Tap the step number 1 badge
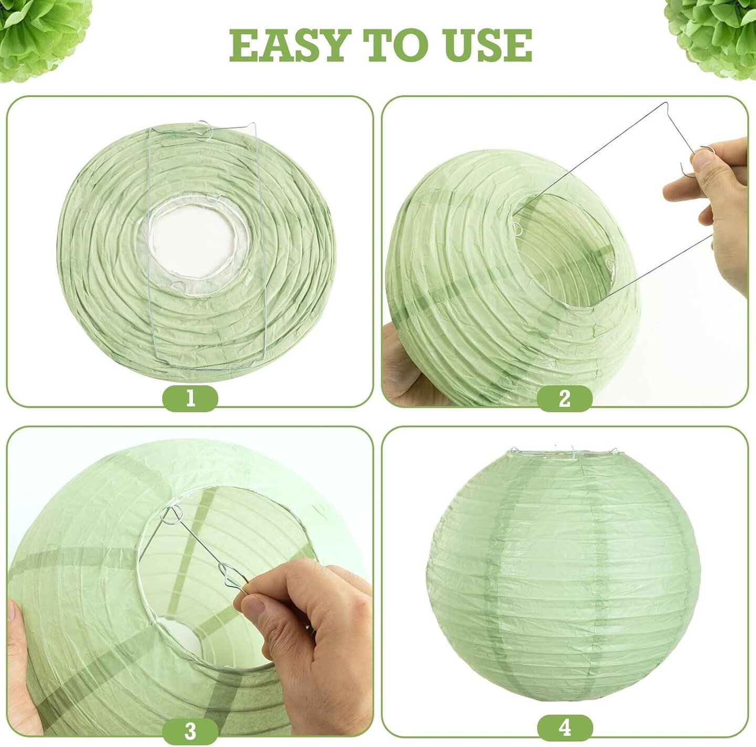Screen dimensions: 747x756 (x=190, y=398)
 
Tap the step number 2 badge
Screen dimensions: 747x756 (x=565, y=398)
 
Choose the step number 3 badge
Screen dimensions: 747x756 (x=190, y=730)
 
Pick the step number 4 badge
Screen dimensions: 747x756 (x=565, y=728)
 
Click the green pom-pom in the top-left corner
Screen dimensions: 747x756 (x=26, y=32)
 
